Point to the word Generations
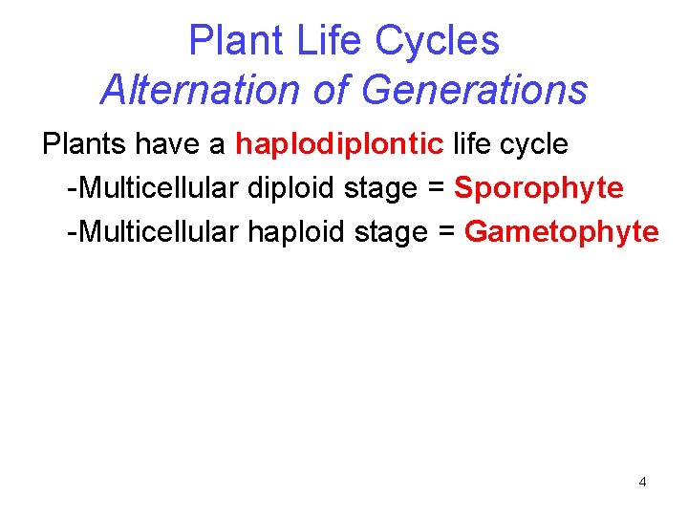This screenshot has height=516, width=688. coord(475,91)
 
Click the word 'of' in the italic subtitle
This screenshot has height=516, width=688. coord(335,91)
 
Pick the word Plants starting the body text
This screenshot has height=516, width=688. coord(85,144)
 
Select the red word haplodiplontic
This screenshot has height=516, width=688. coord(339,144)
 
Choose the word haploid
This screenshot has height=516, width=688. coord(292,231)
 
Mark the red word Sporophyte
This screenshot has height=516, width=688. coord(539,188)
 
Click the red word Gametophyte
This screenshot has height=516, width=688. coord(562,231)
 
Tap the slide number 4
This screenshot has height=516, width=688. coord(642,482)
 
